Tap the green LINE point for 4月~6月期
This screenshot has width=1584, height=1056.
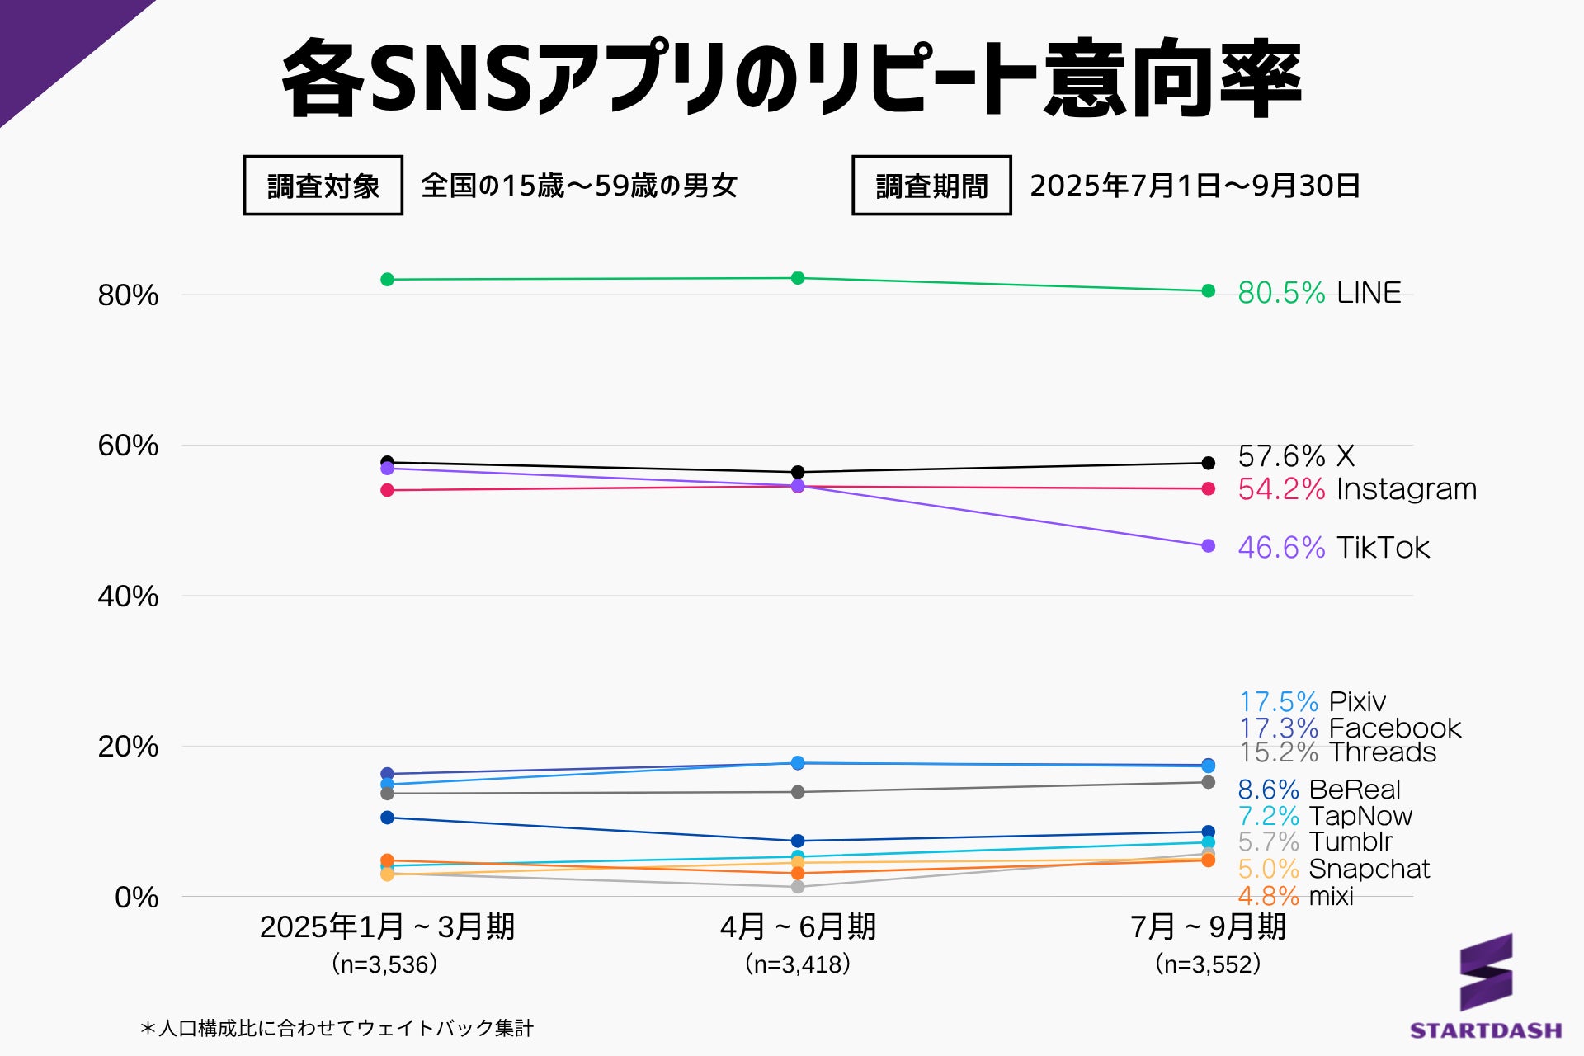(798, 278)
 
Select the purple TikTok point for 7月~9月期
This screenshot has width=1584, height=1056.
(1209, 546)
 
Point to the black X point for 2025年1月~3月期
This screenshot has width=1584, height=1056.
(387, 462)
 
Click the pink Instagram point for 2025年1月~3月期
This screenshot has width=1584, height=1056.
(387, 490)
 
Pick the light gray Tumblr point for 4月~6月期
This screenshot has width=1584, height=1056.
(798, 887)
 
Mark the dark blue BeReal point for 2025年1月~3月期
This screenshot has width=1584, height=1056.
(387, 818)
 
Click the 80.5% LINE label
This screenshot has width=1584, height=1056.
(1318, 293)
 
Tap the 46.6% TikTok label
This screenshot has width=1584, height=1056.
(1333, 548)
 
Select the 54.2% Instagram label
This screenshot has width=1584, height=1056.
(1356, 489)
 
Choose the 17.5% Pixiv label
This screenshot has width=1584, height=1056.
(1312, 702)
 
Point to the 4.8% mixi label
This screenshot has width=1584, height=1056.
(1295, 896)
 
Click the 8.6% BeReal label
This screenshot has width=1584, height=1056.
(1318, 790)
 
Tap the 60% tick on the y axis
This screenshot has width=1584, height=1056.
(128, 445)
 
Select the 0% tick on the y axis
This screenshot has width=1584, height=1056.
(136, 897)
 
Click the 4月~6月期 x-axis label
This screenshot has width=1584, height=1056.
(798, 927)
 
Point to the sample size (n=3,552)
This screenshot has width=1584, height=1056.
(1208, 964)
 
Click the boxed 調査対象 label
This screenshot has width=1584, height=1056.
(323, 186)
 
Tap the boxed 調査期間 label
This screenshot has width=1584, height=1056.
(931, 186)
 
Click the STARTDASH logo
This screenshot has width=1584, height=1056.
(1486, 986)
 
